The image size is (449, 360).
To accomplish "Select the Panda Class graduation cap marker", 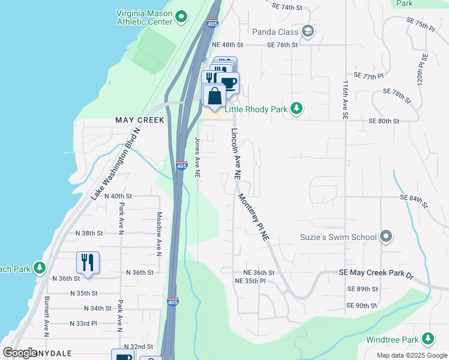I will [x=307, y=31].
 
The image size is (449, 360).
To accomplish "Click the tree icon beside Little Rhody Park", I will [x=296, y=109].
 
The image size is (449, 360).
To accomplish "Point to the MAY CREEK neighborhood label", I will [x=139, y=121].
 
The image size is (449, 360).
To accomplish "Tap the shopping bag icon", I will [x=214, y=96].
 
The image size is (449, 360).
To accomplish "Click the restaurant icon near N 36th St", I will [x=88, y=262].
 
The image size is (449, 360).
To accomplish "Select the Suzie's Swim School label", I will [x=338, y=237].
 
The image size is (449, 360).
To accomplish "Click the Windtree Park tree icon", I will [x=428, y=340].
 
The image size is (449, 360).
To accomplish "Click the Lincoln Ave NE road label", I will [x=236, y=154].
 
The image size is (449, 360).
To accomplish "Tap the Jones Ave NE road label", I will [x=197, y=158].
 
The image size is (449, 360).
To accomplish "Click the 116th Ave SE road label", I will [x=345, y=100].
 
